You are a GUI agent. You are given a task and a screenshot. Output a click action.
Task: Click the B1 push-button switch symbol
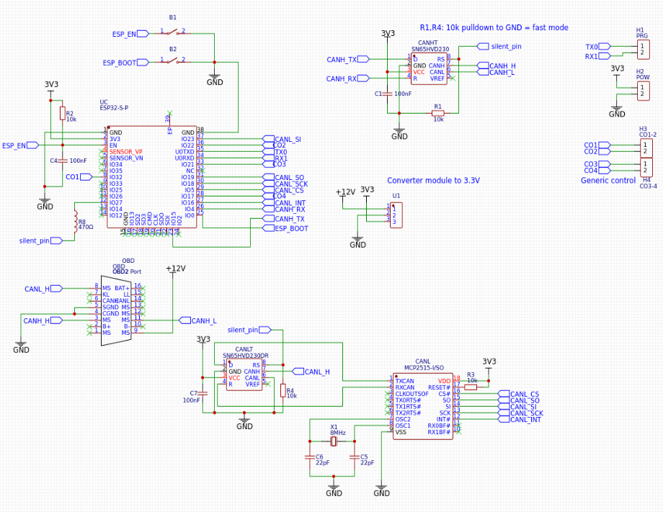click(x=173, y=32)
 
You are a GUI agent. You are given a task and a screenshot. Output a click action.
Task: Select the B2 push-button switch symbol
click(x=173, y=63)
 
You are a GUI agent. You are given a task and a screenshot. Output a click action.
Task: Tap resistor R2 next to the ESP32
click(x=62, y=114)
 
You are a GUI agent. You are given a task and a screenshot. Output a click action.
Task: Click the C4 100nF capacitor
click(x=62, y=160)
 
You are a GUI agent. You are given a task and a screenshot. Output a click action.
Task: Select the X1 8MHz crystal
click(x=334, y=442)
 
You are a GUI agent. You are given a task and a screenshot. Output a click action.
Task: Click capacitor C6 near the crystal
click(x=311, y=457)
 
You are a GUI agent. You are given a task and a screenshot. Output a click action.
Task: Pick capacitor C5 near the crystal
click(x=354, y=457)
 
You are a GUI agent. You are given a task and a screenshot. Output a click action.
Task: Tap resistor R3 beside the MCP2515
click(x=471, y=387)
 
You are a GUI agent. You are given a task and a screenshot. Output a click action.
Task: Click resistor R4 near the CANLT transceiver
click(x=282, y=390)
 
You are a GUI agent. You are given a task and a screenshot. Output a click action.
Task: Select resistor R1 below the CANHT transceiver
click(x=438, y=112)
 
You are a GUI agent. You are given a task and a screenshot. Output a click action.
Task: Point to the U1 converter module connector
click(x=395, y=215)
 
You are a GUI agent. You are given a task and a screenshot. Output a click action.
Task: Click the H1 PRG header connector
click(x=643, y=49)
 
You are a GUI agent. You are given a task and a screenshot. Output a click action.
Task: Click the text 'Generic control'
click(x=608, y=180)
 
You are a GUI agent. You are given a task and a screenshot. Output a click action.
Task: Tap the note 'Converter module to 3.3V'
click(x=433, y=181)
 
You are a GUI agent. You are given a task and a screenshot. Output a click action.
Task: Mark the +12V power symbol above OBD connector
click(x=175, y=269)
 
